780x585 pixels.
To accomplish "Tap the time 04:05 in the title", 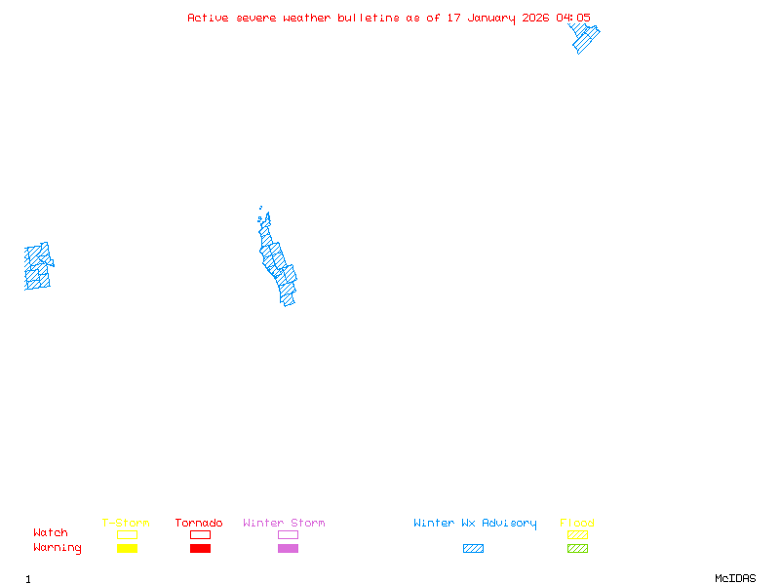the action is click(x=573, y=18).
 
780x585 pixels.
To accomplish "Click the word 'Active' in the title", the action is click(x=208, y=18).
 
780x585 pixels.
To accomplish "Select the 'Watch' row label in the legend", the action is click(x=51, y=533).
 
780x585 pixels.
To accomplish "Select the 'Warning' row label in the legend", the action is click(x=57, y=548).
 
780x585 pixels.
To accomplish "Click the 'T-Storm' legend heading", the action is click(x=126, y=524).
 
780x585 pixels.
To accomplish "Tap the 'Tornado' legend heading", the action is click(x=199, y=524).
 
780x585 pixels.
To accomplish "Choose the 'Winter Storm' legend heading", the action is click(x=284, y=524).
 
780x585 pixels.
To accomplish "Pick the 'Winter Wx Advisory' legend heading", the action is click(x=475, y=524).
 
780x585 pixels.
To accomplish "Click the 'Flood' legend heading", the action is click(x=577, y=524).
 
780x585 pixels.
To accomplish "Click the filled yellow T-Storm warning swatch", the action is click(x=127, y=549).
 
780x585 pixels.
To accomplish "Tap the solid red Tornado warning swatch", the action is click(x=200, y=549).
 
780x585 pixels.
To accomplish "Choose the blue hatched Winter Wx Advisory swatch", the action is click(x=473, y=549).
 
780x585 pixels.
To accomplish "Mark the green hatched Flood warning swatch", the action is click(x=577, y=549).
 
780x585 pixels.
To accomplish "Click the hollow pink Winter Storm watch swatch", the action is click(x=288, y=534).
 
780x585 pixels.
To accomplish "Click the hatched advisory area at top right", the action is click(x=584, y=38).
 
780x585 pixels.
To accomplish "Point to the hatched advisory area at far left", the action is click(x=38, y=266).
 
